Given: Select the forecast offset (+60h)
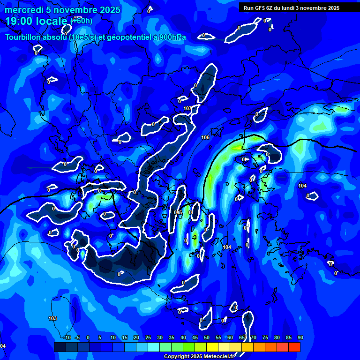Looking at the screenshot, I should click(x=81, y=21).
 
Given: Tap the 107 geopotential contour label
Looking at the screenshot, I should click(x=187, y=109).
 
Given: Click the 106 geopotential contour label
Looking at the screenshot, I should click(x=205, y=137).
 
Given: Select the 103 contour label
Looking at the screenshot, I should click(x=52, y=319).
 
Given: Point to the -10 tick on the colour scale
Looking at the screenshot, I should click(x=67, y=338).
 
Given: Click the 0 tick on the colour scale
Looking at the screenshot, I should click(x=88, y=338).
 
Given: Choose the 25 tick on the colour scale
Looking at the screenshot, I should click(x=148, y=338).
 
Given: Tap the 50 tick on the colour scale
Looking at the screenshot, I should click(x=207, y=338).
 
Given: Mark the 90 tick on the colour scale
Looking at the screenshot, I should click(x=300, y=338).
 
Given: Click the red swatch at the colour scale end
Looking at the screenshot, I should click(x=294, y=347).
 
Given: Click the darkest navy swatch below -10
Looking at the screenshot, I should click(x=60, y=347).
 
